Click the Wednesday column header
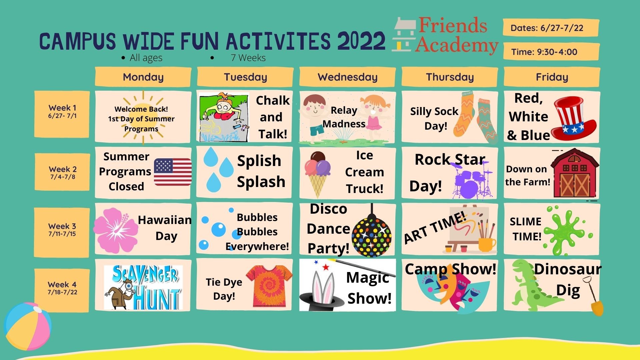click(x=347, y=77)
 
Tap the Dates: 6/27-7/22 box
click(x=551, y=28)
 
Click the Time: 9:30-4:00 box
click(x=551, y=52)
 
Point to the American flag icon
click(x=173, y=172)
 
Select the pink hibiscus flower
click(x=116, y=230)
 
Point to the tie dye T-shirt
click(x=269, y=286)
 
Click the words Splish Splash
click(x=261, y=171)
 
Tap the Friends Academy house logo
click(x=404, y=35)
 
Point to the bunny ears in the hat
click(x=323, y=286)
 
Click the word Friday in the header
click(x=552, y=77)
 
